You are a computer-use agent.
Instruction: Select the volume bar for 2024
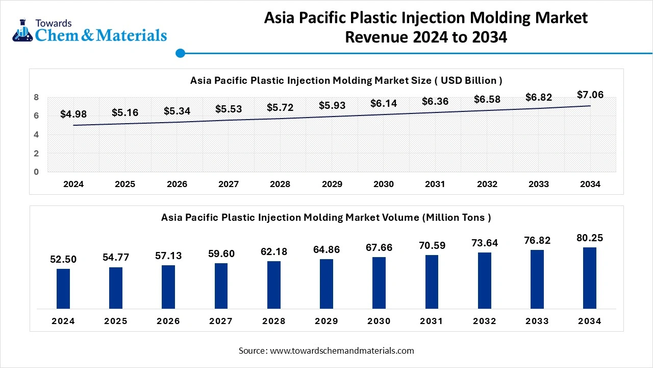[x=63, y=288]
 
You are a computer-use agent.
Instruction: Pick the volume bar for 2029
[x=326, y=284]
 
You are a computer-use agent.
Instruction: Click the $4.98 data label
[x=73, y=114]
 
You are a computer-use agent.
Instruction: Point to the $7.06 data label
[x=590, y=95]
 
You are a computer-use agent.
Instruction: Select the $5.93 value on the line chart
[x=332, y=105]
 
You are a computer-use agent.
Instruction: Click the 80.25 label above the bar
[x=590, y=238]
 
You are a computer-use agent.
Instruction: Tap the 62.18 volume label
[x=274, y=251]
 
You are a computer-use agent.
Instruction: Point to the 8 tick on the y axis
[x=37, y=97]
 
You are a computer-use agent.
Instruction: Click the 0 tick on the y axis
[x=37, y=172]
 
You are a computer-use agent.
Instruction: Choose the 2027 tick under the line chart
[x=229, y=185]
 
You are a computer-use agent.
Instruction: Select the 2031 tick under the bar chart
[x=432, y=321]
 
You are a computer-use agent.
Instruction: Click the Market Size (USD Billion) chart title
[x=346, y=80]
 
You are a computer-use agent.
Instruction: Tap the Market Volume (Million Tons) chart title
[x=326, y=217]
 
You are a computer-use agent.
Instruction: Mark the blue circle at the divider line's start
[x=180, y=53]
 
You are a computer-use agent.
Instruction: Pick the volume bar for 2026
[x=168, y=287]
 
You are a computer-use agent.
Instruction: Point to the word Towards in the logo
[x=53, y=23]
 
